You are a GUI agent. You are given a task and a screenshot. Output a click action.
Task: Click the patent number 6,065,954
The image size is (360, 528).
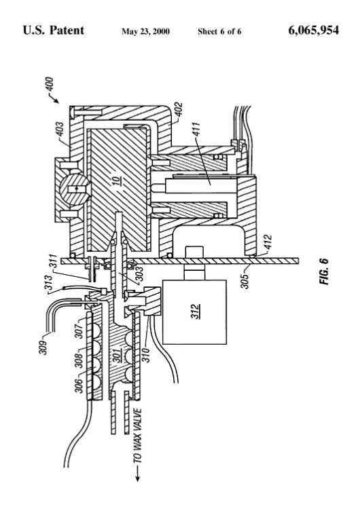pos(313,31)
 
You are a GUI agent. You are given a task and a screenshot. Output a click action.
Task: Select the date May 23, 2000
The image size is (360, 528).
pos(145,32)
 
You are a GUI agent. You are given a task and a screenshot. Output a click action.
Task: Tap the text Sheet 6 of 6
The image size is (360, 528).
pos(219,32)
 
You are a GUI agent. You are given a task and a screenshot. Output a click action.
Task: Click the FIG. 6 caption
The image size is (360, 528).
pos(324,271)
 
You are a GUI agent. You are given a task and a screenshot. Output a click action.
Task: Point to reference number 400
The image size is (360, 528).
pos(50,84)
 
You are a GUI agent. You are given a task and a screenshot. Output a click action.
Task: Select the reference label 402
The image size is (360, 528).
pos(179,109)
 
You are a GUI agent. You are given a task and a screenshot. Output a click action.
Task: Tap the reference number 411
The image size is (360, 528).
pos(196,130)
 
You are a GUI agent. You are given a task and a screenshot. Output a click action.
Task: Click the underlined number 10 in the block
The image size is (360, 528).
pos(117,181)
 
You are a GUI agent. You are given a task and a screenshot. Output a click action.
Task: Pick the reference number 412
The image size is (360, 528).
pos(268,242)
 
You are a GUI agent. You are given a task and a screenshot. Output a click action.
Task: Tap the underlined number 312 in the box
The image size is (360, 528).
pos(195,312)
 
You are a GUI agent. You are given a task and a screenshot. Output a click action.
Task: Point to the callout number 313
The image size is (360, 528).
pos(49,283)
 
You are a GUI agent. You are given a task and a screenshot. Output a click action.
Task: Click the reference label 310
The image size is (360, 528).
pos(146,354)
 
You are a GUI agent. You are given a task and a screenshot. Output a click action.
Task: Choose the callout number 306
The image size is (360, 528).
pos(79,385)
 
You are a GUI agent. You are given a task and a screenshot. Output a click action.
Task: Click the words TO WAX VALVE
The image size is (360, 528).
pos(137,436)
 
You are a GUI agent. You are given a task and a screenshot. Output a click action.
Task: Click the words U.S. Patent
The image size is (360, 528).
pos(53,31)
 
